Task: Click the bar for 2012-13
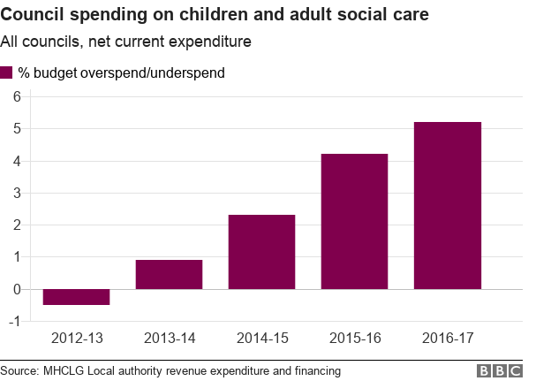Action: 76,297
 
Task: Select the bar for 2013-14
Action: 169,274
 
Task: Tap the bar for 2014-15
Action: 261,252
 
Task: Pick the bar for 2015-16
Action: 354,221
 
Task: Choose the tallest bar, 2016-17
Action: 447,205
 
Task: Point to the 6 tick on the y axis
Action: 15,96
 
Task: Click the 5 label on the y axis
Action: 15,128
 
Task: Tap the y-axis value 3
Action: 15,193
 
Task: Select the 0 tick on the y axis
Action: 15,289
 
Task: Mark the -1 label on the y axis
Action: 12,321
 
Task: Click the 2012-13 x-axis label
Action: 76,338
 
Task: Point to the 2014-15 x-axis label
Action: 261,338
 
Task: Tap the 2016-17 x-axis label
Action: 447,338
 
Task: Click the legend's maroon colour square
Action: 7,72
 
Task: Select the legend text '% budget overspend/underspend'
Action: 121,72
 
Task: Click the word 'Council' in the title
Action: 31,16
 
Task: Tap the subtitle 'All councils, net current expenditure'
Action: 126,42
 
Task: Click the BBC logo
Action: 500,371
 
